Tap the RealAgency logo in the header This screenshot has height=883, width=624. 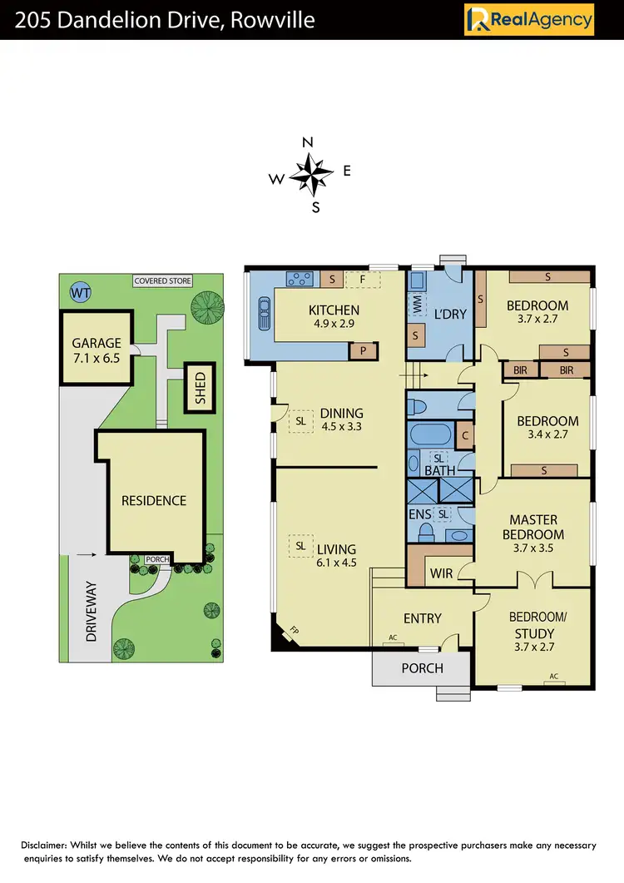[x=529, y=19]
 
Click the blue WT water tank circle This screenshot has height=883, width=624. [x=80, y=292]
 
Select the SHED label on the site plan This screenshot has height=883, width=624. [x=200, y=388]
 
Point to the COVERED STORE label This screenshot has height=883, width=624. [x=163, y=281]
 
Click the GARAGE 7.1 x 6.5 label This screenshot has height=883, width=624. [x=96, y=350]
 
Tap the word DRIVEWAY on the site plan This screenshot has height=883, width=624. [x=91, y=611]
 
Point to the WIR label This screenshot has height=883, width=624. [x=441, y=573]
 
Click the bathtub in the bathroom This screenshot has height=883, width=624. [x=429, y=433]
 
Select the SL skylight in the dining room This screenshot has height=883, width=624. [x=300, y=421]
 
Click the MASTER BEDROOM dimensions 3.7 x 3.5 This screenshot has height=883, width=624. [x=533, y=548]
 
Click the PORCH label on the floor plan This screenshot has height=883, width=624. [x=422, y=667]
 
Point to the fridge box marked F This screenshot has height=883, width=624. [x=362, y=280]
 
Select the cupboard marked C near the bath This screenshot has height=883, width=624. [x=465, y=434]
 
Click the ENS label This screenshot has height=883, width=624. [x=420, y=515]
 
